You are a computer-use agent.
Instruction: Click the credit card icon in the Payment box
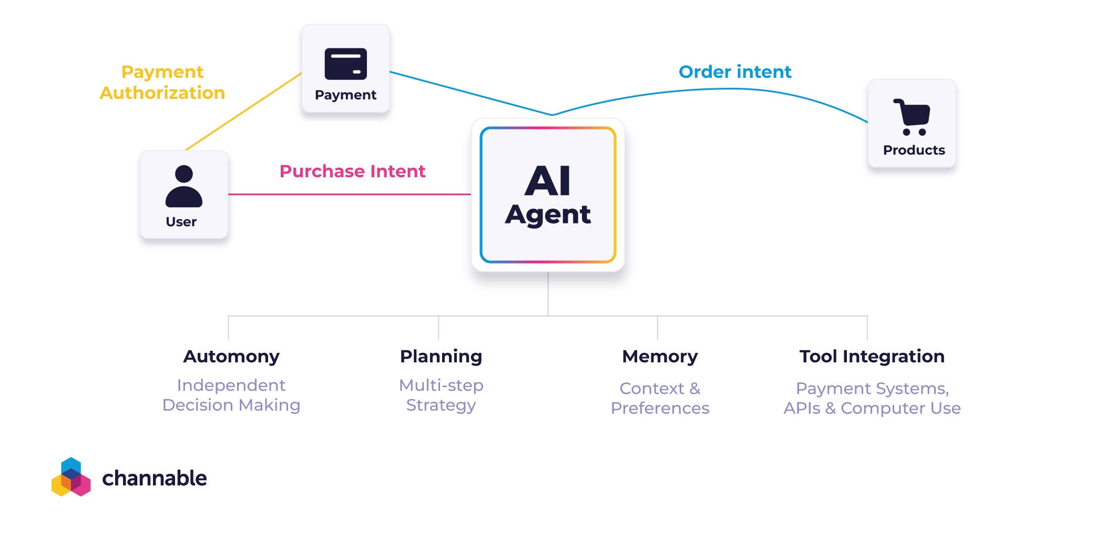click(345, 64)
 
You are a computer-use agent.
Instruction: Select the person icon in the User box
click(183, 186)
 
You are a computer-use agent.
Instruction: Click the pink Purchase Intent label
click(352, 171)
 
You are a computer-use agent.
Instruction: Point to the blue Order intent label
click(734, 72)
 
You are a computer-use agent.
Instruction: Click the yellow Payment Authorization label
click(162, 82)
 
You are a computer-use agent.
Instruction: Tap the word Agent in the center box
click(548, 215)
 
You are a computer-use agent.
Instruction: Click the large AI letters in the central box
click(548, 180)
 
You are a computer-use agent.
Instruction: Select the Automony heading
click(231, 357)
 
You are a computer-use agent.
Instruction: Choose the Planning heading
click(441, 357)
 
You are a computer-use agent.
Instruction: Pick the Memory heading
click(660, 357)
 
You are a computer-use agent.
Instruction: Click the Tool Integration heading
click(872, 357)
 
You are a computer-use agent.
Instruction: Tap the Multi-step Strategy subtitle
click(441, 395)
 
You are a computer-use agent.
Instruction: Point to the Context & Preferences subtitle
click(660, 398)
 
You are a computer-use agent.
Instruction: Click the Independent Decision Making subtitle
click(231, 395)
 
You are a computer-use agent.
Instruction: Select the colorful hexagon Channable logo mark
click(71, 477)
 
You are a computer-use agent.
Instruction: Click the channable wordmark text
click(154, 478)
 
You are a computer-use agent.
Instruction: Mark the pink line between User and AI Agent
click(350, 194)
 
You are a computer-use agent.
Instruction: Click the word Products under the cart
click(914, 150)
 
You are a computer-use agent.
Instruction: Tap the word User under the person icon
click(181, 222)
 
